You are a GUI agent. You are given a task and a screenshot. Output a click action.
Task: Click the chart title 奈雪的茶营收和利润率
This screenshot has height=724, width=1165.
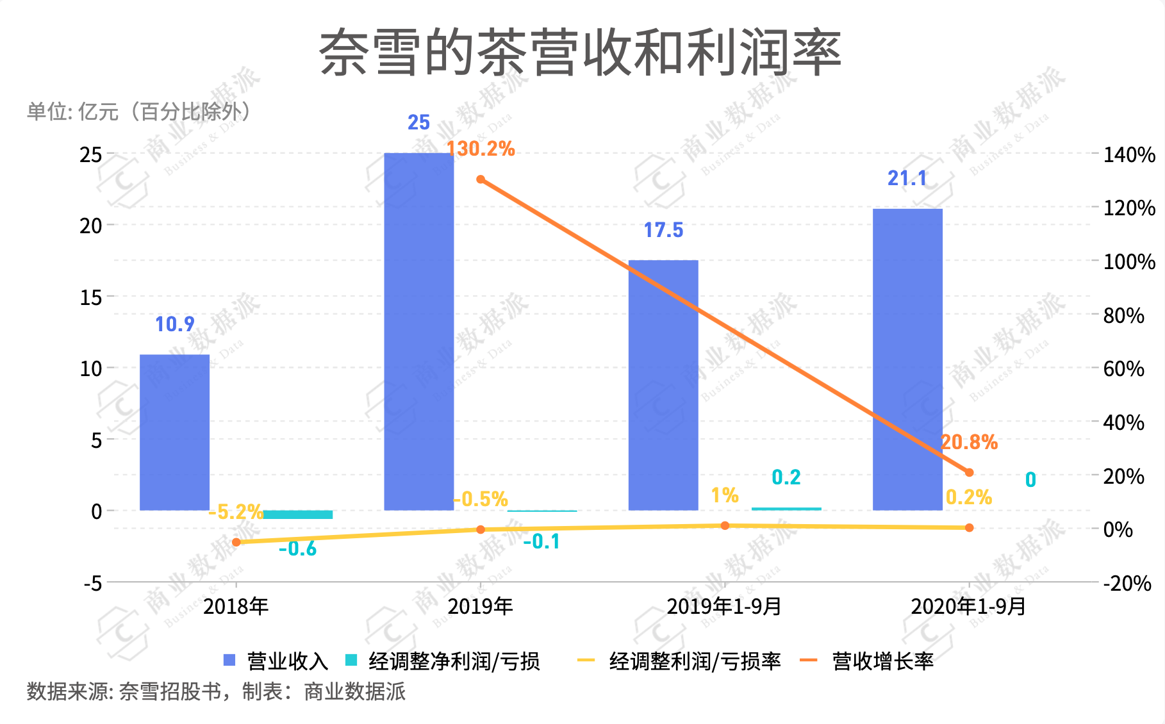pos(580,53)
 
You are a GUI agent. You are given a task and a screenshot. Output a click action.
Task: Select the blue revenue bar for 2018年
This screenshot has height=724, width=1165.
pos(174,432)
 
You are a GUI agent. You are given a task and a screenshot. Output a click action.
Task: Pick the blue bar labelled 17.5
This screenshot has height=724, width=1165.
pos(663,384)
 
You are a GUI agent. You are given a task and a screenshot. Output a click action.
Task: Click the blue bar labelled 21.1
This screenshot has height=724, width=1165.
pos(907,359)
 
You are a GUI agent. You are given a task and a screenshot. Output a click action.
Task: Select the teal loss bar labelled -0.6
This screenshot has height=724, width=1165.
pos(298,514)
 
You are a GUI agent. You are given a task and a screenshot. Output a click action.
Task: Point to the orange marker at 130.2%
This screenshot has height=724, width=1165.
pos(481,179)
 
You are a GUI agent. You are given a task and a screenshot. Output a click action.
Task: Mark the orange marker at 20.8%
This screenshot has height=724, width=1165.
pos(969,472)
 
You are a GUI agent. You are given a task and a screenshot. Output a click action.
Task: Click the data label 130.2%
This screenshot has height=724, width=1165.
pos(481,149)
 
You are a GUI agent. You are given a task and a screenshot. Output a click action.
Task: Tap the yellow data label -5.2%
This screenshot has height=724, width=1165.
pos(236,512)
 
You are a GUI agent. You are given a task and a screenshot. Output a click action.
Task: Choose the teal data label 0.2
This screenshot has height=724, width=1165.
pos(786,477)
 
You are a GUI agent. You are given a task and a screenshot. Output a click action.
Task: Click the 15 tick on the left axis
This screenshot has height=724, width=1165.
pos(91,297)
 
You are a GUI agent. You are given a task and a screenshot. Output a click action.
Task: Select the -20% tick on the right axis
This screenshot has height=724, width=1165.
pos(1127,584)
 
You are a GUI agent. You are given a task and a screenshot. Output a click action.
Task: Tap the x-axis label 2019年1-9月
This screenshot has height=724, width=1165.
pos(724,606)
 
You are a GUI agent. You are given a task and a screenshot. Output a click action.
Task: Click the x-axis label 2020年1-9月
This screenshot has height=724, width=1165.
pos(968,606)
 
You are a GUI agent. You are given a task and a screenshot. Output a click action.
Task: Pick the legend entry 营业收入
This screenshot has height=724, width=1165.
pos(276,661)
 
